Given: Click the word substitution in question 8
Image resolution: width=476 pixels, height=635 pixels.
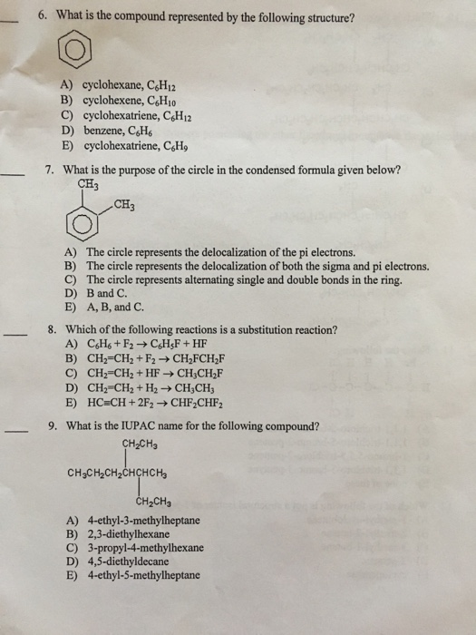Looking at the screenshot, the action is (x=272, y=331).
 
